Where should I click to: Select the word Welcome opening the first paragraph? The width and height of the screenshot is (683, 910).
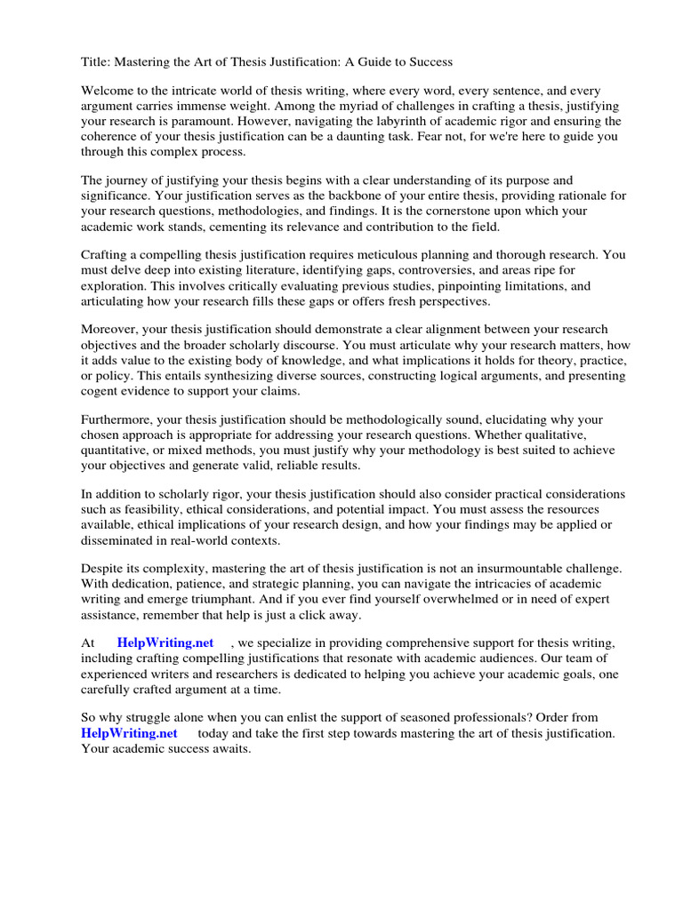[x=109, y=92]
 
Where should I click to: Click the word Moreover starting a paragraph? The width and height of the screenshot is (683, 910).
[x=112, y=331]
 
